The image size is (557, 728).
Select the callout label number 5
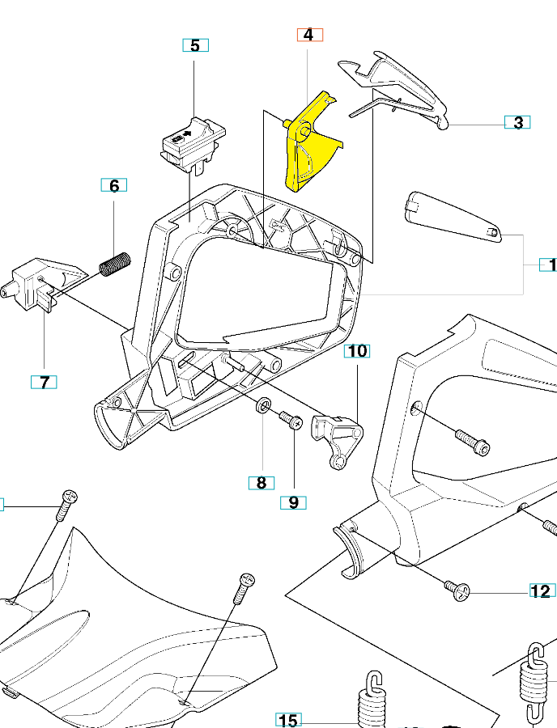[194, 45]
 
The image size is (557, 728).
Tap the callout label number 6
[114, 186]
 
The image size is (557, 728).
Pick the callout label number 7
[44, 381]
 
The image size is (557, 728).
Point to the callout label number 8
[261, 483]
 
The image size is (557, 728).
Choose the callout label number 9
[293, 502]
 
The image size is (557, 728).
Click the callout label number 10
[358, 351]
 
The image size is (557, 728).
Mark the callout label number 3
[517, 123]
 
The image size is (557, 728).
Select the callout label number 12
[541, 591]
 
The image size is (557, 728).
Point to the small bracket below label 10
[336, 437]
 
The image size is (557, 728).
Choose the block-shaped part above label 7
[40, 282]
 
